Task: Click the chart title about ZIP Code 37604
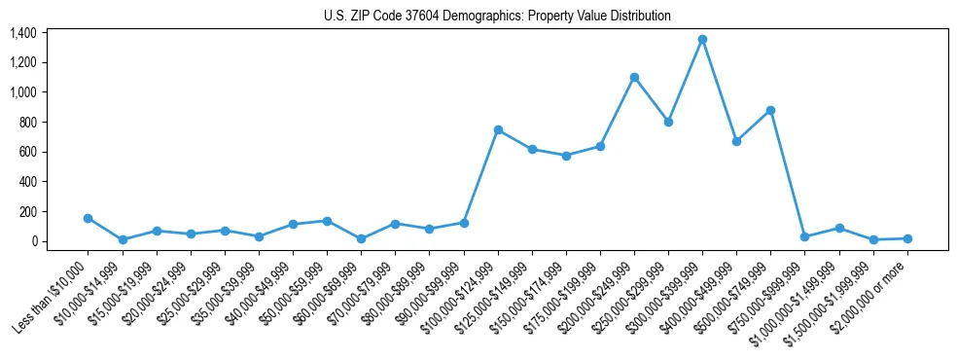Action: point(497,17)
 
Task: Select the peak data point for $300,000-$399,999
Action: point(702,40)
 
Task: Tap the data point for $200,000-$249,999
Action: point(634,77)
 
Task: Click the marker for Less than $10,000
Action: point(89,218)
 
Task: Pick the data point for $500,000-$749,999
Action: point(770,110)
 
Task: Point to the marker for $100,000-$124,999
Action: point(498,129)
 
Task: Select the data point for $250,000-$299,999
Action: point(668,122)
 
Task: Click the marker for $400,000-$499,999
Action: point(736,141)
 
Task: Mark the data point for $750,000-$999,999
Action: point(804,236)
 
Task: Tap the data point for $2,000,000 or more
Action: point(907,238)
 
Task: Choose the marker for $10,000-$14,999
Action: point(123,239)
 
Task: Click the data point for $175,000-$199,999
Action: point(600,146)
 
